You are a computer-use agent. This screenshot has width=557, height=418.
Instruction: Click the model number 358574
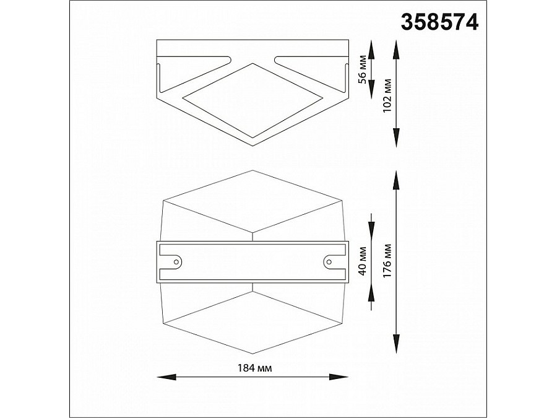(440, 23)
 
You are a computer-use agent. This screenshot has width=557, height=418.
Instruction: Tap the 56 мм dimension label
(363, 69)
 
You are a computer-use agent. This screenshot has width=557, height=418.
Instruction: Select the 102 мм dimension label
(388, 94)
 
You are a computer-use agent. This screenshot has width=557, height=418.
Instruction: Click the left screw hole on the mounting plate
(176, 262)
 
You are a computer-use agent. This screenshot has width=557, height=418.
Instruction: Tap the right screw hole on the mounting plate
(329, 262)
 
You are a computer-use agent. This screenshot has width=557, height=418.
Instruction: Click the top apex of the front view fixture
(253, 171)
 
